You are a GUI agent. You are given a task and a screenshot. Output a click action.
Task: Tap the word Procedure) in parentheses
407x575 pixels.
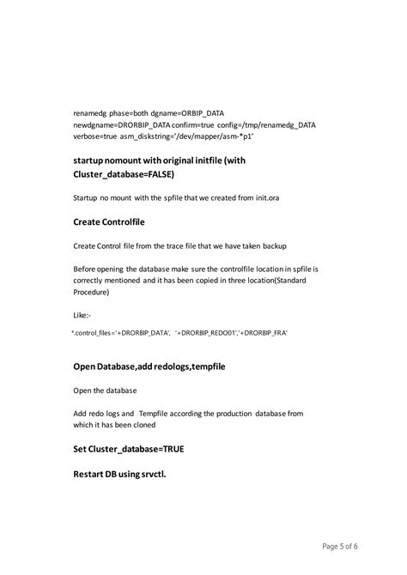pyautogui.click(x=94, y=293)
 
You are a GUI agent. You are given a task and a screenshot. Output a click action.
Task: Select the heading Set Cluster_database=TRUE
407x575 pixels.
pyautogui.click(x=129, y=449)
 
